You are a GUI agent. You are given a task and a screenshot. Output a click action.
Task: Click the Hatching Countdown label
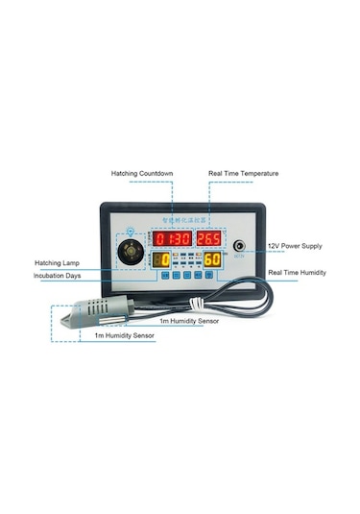tap(141, 174)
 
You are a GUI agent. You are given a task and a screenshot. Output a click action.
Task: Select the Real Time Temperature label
tap(244, 174)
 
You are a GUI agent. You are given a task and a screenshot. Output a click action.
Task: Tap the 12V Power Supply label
tap(295, 247)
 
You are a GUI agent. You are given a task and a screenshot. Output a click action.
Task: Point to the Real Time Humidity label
tap(296, 273)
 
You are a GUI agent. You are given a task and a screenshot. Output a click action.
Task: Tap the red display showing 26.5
tap(209, 237)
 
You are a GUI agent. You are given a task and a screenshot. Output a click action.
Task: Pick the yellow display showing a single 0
tap(164, 259)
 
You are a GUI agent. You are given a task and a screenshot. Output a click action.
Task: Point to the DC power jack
tap(239, 246)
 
